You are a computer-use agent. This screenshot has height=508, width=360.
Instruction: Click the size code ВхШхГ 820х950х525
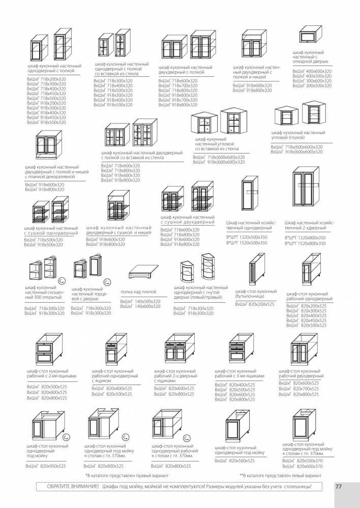click(x=46, y=465)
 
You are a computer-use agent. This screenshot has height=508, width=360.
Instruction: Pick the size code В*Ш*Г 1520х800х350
click(x=305, y=243)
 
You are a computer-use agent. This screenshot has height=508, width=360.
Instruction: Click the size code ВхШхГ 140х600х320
click(x=140, y=306)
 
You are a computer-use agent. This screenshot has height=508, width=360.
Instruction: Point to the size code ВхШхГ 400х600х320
click(x=311, y=72)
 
